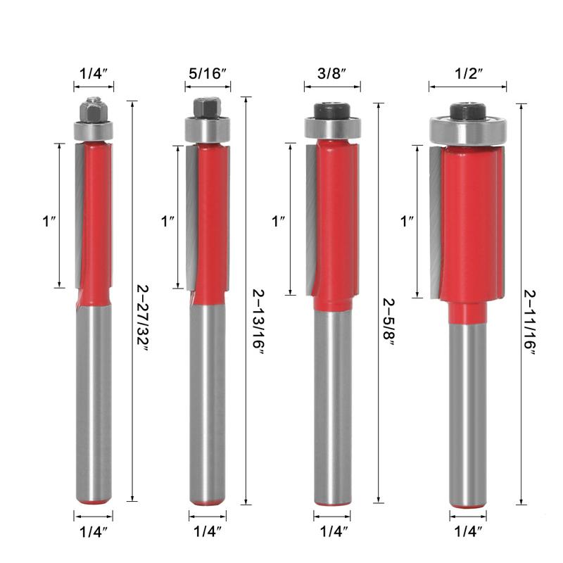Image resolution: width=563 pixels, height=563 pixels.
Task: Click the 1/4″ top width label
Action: (93, 73)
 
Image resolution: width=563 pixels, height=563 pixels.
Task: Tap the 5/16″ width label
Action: (208, 73)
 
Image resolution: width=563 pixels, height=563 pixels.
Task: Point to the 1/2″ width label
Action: (468, 73)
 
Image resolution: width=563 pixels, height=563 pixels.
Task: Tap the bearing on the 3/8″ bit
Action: (331, 127)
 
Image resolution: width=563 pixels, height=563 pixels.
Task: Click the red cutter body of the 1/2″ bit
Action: (468, 225)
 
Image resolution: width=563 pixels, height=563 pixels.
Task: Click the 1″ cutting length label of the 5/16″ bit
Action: (167, 221)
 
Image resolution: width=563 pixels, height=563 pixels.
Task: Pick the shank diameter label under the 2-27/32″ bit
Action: (93, 531)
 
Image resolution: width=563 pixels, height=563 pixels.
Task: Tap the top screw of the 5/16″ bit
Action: (208, 107)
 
